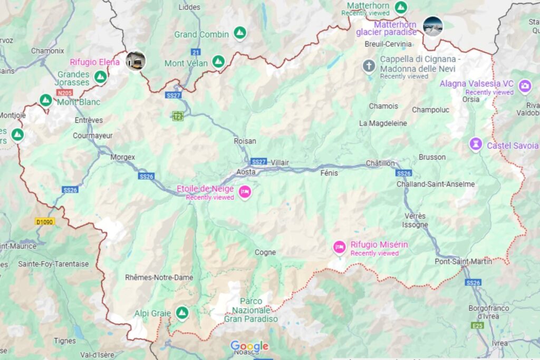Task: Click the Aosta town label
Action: pos(246,172)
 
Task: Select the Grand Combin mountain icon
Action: pos(240,33)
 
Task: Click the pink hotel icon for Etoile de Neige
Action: pos(244,192)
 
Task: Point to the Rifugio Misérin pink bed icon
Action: pos(340,246)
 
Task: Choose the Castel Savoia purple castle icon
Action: pos(476,144)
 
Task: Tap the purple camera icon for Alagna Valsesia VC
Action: pos(525,86)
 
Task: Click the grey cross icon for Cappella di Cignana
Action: pos(369,66)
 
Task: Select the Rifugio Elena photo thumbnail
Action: pos(136,61)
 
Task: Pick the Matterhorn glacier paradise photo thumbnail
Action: pos(432,26)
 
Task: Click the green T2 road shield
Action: pos(178,116)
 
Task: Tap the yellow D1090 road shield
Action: pos(45,222)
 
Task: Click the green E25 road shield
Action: pos(478,326)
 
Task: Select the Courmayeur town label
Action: pos(93,135)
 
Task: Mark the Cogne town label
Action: pos(265,252)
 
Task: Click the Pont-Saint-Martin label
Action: pos(464,261)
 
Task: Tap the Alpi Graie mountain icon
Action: pos(182,313)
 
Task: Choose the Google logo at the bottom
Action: pos(249,346)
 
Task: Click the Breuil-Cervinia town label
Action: pos(388,44)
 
